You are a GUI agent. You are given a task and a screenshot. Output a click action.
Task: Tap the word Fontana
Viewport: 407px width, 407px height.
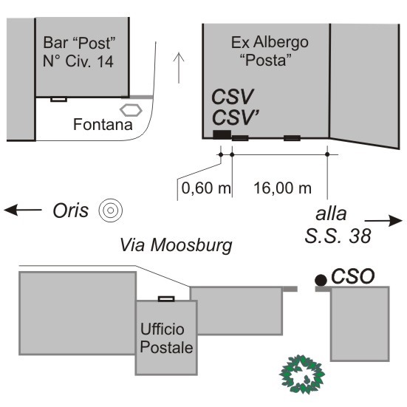click(x=103, y=124)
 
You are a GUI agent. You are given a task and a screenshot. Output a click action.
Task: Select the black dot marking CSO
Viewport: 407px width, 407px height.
click(x=321, y=280)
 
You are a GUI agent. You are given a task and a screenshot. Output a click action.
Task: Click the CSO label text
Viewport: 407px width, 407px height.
click(x=353, y=276)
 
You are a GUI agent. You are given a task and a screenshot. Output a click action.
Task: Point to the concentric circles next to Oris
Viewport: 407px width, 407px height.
click(x=111, y=211)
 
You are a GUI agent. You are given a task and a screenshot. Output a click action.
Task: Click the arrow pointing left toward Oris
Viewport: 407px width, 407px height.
click(x=23, y=210)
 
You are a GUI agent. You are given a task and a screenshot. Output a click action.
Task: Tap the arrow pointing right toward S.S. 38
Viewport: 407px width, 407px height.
click(x=383, y=221)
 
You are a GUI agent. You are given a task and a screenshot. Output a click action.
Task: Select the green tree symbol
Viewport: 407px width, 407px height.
click(x=302, y=374)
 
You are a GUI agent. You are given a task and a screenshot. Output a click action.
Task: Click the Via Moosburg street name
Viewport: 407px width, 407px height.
click(x=176, y=245)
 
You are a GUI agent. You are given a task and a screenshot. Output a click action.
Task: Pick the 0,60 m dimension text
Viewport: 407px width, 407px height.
click(x=206, y=188)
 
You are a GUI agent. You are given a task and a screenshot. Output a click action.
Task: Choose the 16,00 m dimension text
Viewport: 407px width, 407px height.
click(x=282, y=188)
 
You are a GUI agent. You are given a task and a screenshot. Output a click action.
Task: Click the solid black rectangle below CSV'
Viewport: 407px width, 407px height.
click(x=222, y=134)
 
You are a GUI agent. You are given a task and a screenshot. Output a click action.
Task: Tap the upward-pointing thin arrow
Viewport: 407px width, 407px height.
click(x=179, y=68)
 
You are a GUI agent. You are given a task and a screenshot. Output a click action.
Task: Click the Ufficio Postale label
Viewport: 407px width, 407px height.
click(x=166, y=338)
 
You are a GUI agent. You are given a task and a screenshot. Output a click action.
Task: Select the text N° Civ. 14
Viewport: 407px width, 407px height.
click(x=78, y=61)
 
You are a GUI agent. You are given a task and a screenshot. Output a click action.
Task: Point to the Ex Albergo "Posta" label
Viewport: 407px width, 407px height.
click(x=270, y=51)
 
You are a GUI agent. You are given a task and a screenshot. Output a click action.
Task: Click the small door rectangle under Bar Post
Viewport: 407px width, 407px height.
click(x=58, y=100)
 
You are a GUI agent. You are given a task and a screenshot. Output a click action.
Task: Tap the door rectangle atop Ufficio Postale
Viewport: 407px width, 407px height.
click(x=166, y=298)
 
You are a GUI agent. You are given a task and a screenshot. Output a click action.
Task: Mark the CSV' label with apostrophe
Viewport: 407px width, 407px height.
click(x=235, y=117)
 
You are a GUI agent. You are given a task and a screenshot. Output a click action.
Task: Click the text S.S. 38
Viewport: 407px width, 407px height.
click(x=338, y=236)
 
